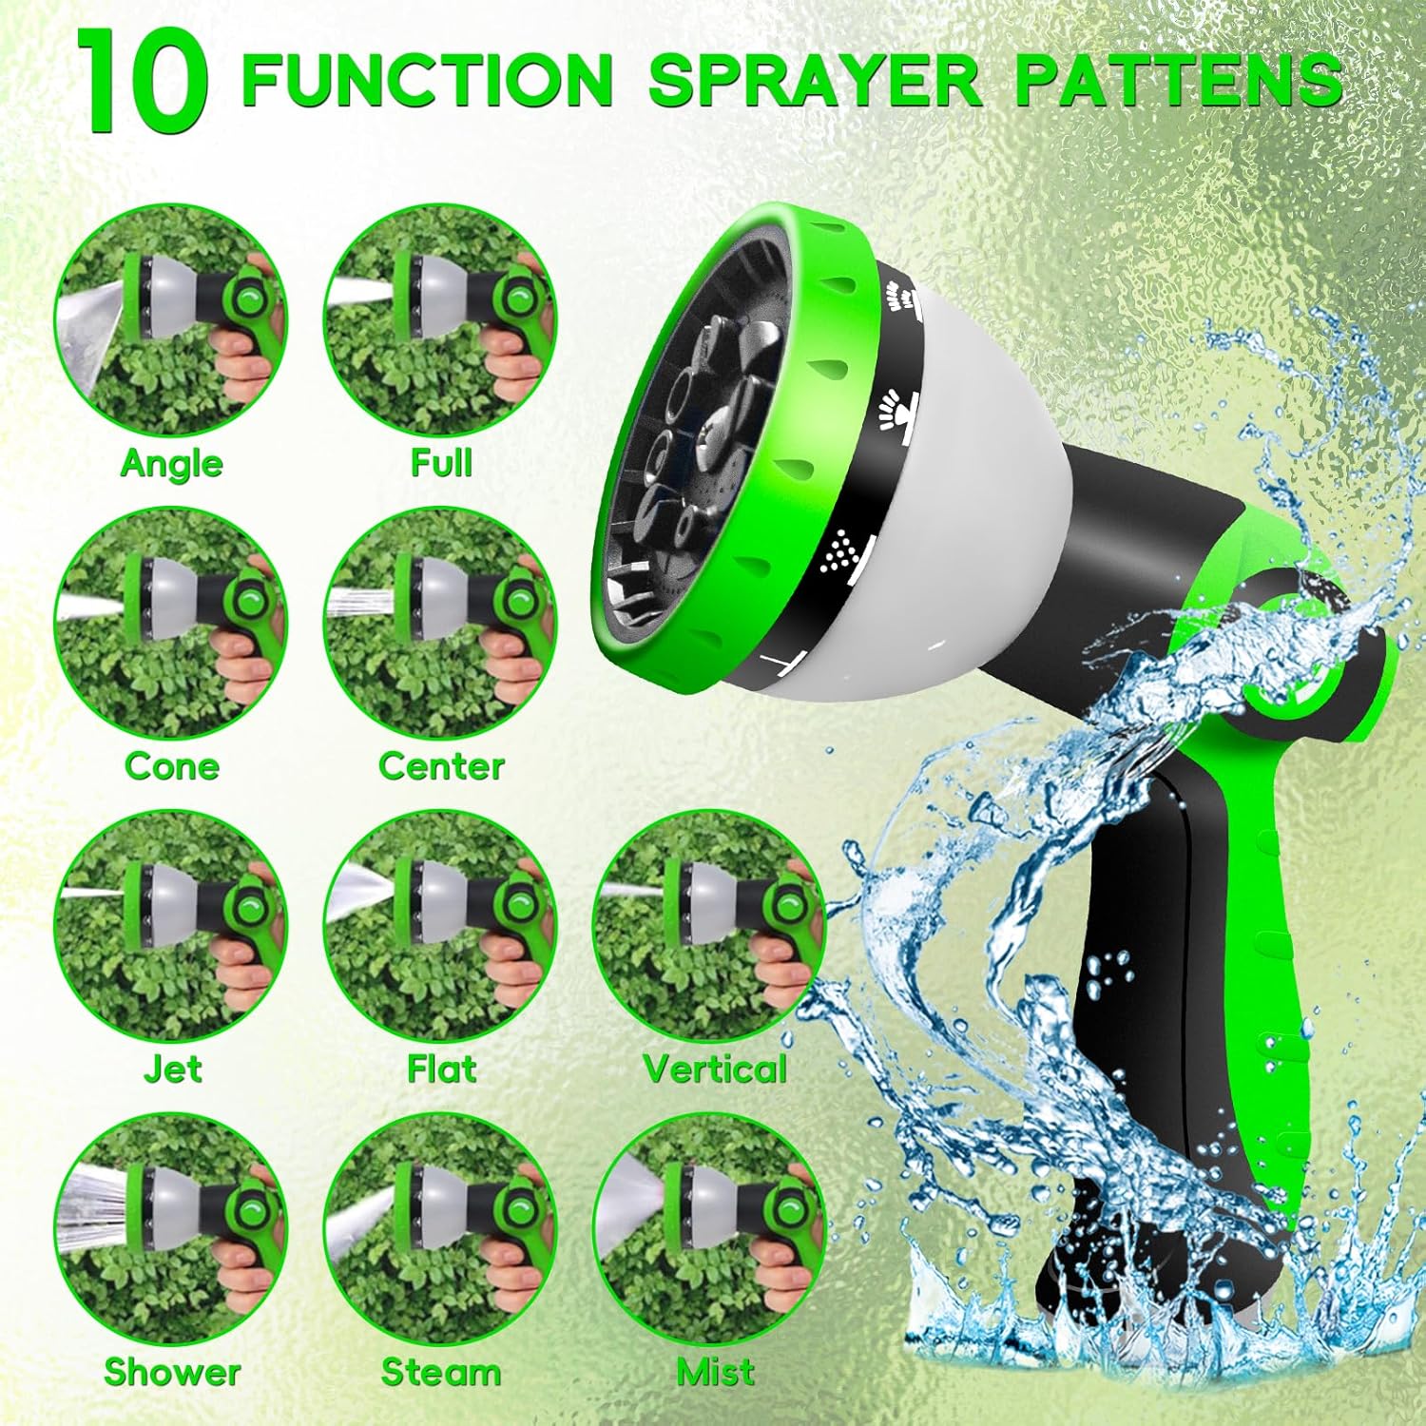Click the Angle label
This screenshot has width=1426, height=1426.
[x=172, y=463]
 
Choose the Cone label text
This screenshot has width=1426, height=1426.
[x=172, y=766]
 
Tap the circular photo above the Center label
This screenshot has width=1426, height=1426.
[x=440, y=624]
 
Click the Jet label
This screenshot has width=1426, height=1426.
[x=172, y=1069]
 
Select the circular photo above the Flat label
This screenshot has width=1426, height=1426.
[x=440, y=927]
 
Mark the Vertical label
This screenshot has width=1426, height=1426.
[x=715, y=1069]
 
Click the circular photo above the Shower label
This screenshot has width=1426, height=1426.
[x=172, y=1230]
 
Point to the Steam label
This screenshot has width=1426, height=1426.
[x=440, y=1373]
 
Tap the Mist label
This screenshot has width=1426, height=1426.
[x=715, y=1373]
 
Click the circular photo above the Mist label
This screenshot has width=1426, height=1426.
[x=709, y=1230]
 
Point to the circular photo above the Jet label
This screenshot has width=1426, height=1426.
[x=172, y=927]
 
